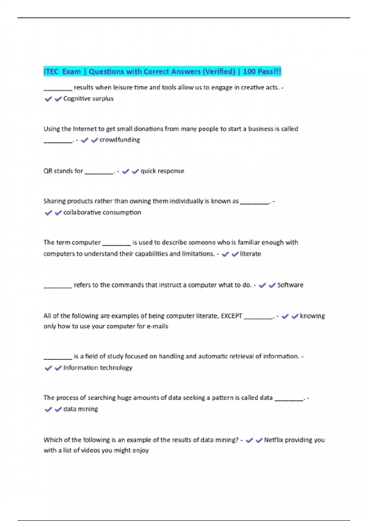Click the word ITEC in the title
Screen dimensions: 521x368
pyautogui.click(x=51, y=72)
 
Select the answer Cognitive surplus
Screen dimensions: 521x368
pyautogui.click(x=88, y=99)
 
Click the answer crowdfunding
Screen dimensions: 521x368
pyautogui.click(x=120, y=140)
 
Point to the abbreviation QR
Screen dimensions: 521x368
pyautogui.click(x=48, y=171)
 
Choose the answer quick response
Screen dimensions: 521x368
pyautogui.click(x=162, y=171)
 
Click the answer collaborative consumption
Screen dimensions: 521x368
pyautogui.click(x=102, y=212)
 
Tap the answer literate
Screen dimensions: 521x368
pyautogui.click(x=250, y=254)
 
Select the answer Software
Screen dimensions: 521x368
pyautogui.click(x=290, y=285)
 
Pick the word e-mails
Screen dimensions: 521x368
pyautogui.click(x=158, y=326)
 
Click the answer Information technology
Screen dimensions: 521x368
pyautogui.click(x=98, y=368)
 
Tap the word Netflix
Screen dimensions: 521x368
pyautogui.click(x=274, y=440)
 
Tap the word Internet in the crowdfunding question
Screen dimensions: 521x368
pyautogui.click(x=89, y=129)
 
